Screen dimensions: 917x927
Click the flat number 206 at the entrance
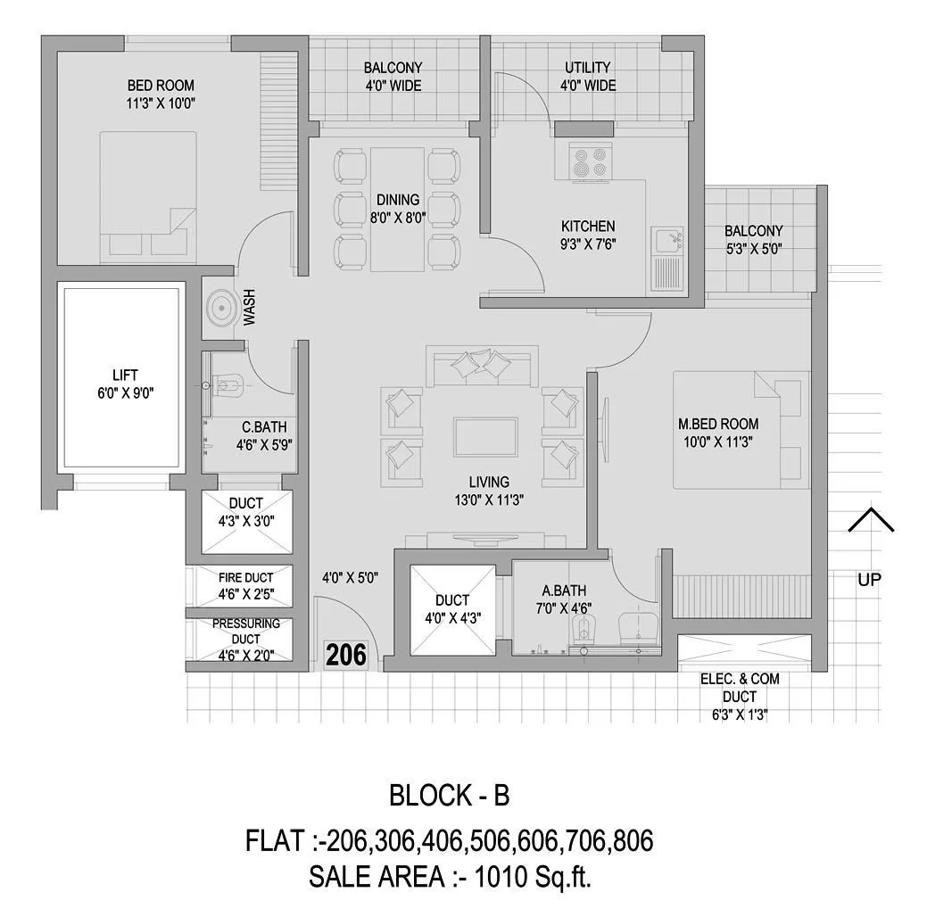click(346, 656)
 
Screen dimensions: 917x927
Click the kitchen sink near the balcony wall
click(668, 240)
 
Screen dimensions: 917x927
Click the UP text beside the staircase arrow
click(870, 580)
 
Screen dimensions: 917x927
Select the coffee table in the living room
click(487, 438)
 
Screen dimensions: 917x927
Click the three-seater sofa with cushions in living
click(482, 367)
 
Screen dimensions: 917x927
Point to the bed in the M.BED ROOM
click(741, 431)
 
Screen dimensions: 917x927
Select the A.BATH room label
click(564, 591)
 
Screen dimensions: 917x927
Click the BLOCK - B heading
click(450, 795)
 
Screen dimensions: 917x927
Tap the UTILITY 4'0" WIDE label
click(588, 77)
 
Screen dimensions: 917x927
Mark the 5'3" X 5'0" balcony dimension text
click(753, 250)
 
